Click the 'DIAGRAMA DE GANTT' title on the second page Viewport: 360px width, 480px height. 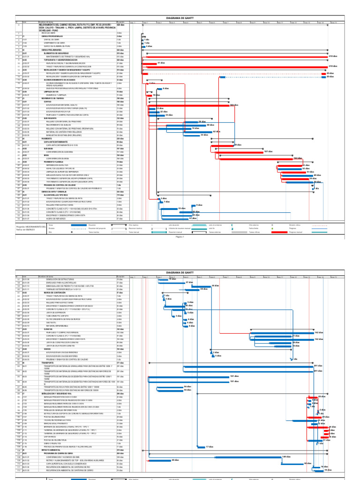[180, 272]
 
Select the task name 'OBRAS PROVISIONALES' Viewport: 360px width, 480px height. [51, 37]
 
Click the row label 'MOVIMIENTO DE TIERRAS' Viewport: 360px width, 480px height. [52, 98]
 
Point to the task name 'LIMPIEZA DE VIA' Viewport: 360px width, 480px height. [49, 91]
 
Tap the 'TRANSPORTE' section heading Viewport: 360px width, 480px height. [48, 362]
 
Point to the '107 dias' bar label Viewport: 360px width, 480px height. [268, 152]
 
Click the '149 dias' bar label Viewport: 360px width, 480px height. [286, 456]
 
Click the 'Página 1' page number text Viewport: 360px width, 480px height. [180, 237]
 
